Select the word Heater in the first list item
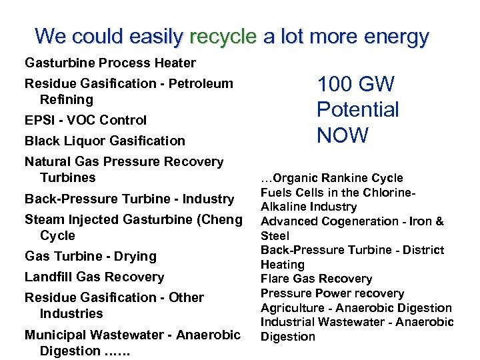coord(174,63)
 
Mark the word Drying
coord(135,256)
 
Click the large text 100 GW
coord(355,85)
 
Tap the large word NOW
coord(342,135)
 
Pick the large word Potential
coord(357,110)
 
